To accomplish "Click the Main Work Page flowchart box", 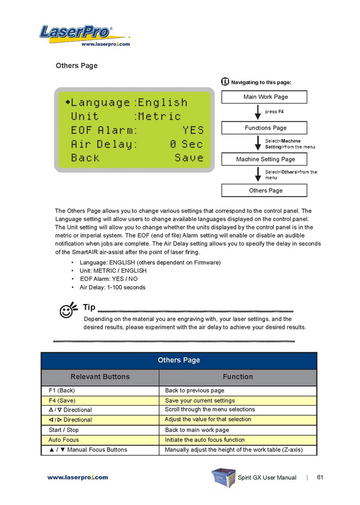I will click(265, 96).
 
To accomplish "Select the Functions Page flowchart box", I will click(265, 128).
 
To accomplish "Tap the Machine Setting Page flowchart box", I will click(265, 159).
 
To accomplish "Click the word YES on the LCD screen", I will click(193, 130).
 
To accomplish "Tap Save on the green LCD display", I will click(189, 158).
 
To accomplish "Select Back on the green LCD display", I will click(85, 158).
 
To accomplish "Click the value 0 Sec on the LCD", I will click(186, 144).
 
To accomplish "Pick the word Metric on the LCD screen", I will click(159, 116).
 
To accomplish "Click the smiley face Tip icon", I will click(68, 309).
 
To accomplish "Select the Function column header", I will click(238, 377).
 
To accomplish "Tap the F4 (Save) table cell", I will click(101, 400).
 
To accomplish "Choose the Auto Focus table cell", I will click(101, 440).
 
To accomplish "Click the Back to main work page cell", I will click(238, 430).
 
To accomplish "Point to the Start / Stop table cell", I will click(101, 430).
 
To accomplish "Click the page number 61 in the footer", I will click(320, 477).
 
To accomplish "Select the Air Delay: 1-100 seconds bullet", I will click(112, 287).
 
